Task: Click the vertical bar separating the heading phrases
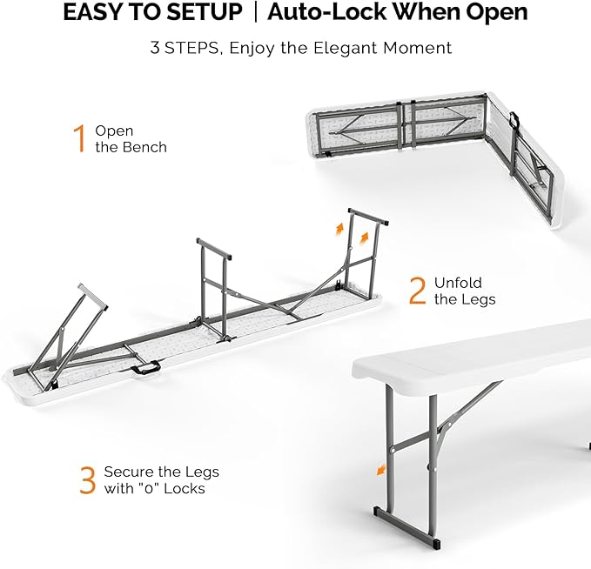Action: (255, 13)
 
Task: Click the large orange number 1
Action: (79, 139)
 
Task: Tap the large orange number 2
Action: (418, 291)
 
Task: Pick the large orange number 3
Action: (87, 480)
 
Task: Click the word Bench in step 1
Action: (145, 147)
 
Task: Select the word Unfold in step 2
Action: (458, 283)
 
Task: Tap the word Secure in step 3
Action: (130, 472)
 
